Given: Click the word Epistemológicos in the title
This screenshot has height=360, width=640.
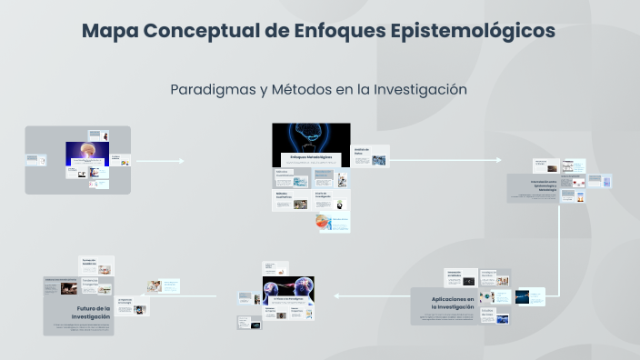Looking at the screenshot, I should (473, 30).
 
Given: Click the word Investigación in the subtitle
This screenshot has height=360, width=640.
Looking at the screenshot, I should (417, 89).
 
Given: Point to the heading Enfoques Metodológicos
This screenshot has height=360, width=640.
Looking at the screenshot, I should (311, 157).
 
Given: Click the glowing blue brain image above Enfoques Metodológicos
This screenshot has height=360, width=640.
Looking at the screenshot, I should (311, 135).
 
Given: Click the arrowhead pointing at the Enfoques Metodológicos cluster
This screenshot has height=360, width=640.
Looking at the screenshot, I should (182, 162).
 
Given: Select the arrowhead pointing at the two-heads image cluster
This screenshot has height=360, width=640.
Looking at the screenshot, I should (336, 295).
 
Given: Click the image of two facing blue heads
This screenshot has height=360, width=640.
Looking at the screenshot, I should (288, 289).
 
